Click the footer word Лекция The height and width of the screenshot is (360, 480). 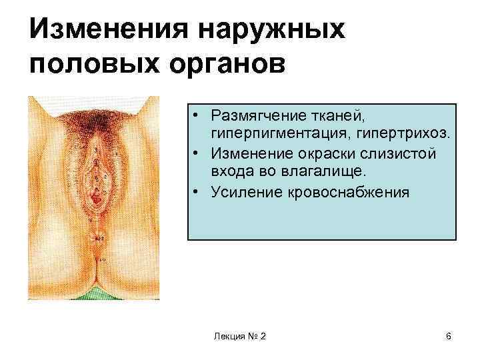point(227,337)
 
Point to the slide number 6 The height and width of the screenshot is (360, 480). point(449,337)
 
